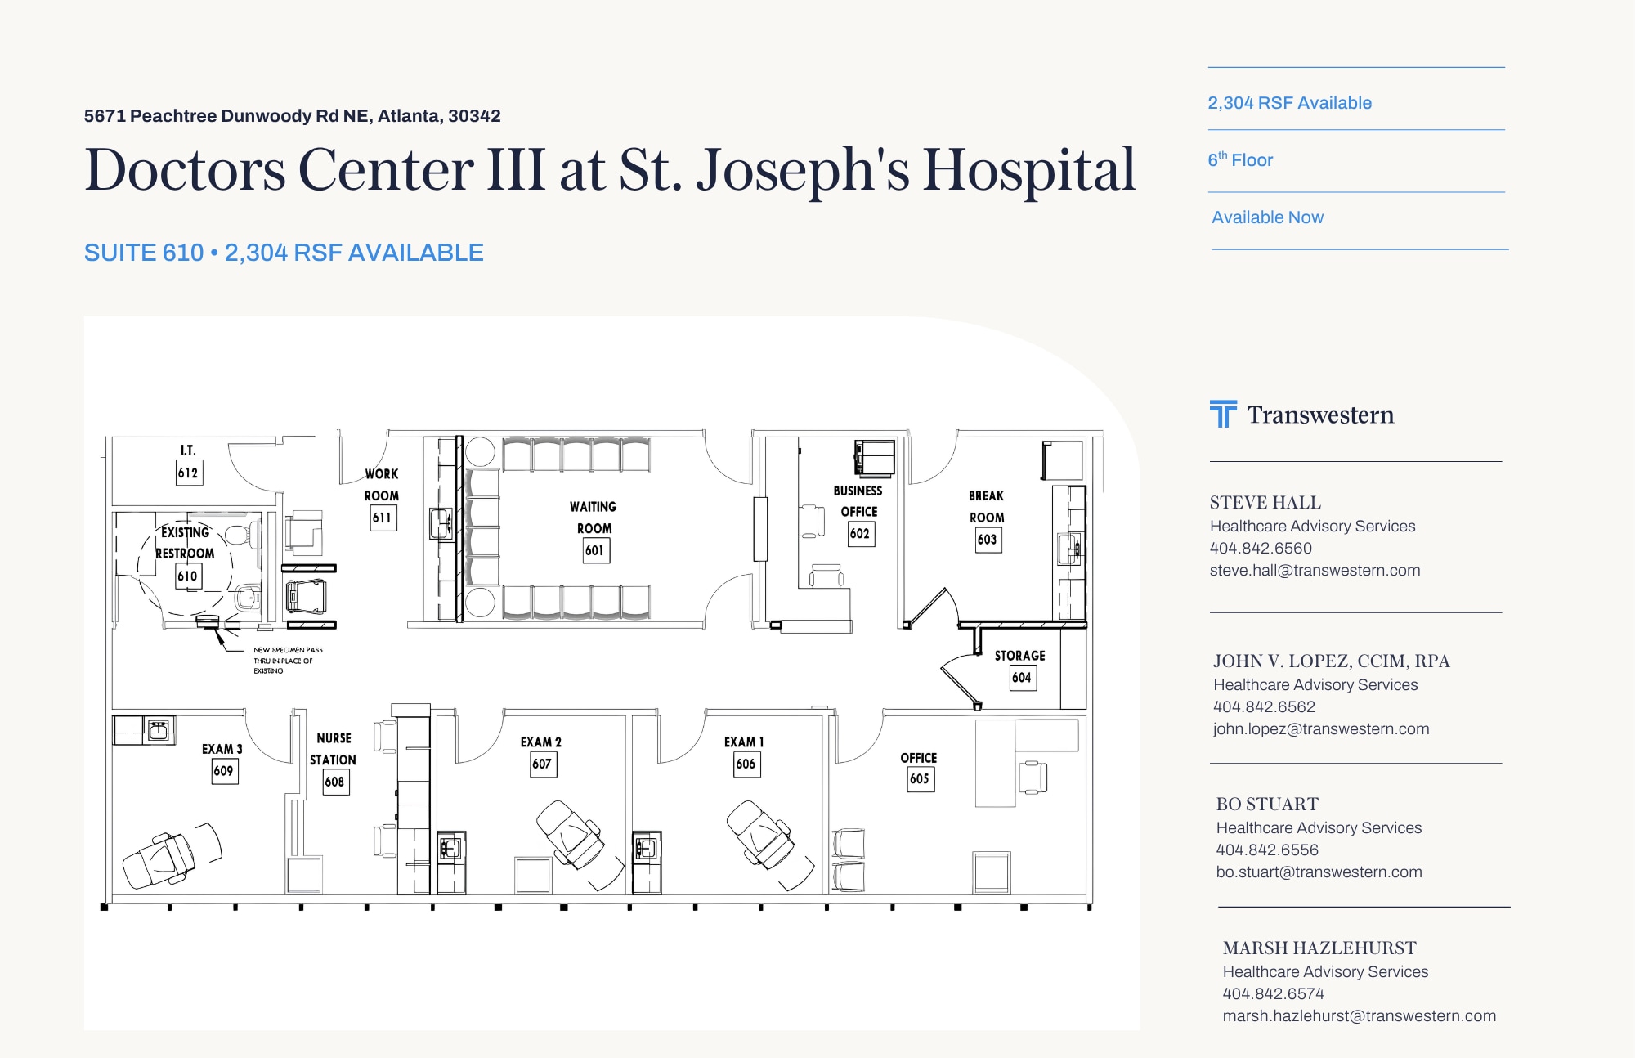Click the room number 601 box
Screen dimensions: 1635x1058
596,550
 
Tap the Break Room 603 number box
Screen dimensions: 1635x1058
988,540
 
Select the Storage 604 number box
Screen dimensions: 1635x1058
1023,678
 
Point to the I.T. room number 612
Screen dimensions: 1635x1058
189,473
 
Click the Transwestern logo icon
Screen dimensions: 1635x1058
1223,414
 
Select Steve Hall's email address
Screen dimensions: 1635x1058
1315,571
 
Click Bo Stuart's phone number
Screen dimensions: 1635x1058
1267,850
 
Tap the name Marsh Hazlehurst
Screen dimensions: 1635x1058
1319,948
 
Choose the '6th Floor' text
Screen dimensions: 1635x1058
1240,159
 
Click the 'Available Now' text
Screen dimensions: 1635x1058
1267,217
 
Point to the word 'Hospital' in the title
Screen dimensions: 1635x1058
1029,170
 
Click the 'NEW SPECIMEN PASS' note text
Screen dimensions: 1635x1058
288,650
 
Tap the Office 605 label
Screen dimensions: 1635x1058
919,759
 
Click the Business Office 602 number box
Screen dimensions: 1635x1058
861,534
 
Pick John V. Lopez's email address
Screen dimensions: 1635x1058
1321,729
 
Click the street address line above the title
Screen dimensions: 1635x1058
292,116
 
